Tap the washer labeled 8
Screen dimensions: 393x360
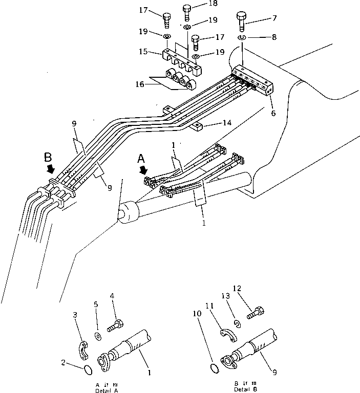tap(242, 38)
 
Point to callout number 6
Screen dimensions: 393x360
tap(273, 113)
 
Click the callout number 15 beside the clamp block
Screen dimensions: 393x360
tap(143, 52)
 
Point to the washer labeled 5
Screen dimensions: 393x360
tap(98, 336)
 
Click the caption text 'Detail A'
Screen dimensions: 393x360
tap(108, 390)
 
